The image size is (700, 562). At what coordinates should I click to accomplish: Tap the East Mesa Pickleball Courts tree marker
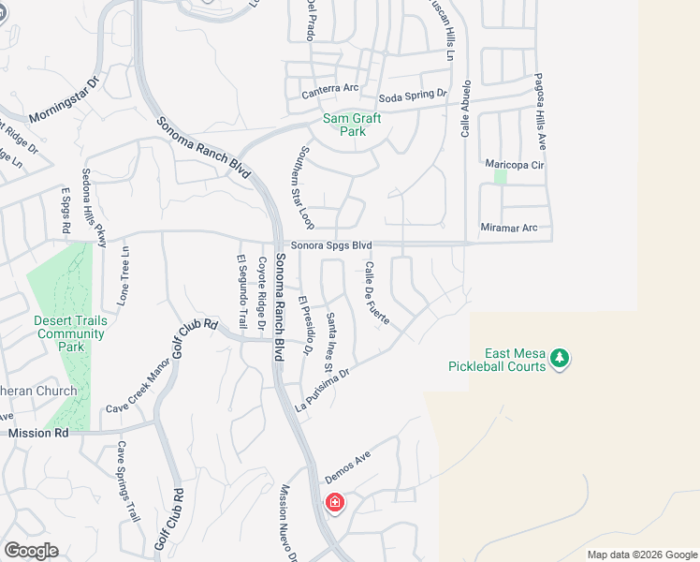tap(560, 358)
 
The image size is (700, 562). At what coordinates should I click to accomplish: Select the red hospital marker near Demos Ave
tap(334, 503)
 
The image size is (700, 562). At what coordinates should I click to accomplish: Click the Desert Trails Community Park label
tap(70, 333)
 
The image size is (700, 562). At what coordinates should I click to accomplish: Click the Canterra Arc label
tap(330, 90)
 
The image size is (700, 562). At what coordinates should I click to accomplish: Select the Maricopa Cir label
tap(515, 164)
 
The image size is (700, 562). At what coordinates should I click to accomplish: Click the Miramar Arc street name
tap(510, 228)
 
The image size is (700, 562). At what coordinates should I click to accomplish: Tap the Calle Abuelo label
tap(464, 111)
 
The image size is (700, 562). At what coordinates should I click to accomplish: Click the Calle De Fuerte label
tap(378, 294)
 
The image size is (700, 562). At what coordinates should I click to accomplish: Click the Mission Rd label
tap(38, 434)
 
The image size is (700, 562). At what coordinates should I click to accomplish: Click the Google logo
tap(31, 551)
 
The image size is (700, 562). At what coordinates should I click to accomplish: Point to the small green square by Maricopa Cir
tap(500, 176)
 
